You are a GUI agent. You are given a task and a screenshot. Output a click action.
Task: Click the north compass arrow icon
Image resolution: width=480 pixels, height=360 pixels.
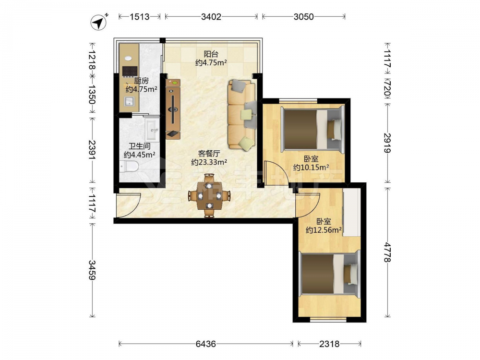pyautogui.click(x=98, y=23)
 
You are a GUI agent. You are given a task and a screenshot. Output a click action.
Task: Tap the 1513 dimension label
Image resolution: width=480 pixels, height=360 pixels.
pyautogui.click(x=140, y=16)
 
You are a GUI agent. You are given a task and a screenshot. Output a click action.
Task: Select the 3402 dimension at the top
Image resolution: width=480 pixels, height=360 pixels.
pyautogui.click(x=211, y=16)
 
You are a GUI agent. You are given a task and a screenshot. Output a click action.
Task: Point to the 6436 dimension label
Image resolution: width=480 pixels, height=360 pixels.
pyautogui.click(x=206, y=344)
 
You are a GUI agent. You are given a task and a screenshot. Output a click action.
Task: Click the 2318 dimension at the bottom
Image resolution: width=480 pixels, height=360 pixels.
pyautogui.click(x=329, y=344)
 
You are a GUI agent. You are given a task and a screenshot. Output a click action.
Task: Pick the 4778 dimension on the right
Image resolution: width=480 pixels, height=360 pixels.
pyautogui.click(x=387, y=252)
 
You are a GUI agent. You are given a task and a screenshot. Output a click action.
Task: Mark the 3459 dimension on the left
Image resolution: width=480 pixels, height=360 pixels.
pyautogui.click(x=92, y=270)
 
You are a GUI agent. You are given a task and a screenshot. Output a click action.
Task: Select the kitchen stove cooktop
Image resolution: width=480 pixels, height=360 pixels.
pyautogui.click(x=130, y=71)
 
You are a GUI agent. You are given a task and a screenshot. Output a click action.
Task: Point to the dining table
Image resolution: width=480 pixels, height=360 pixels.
pyautogui.click(x=209, y=196)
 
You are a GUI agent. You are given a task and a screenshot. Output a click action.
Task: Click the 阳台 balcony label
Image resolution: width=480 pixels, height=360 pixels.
pyautogui.click(x=211, y=54)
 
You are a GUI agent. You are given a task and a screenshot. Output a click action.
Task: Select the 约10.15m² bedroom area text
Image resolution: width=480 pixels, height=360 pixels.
pyautogui.click(x=311, y=168)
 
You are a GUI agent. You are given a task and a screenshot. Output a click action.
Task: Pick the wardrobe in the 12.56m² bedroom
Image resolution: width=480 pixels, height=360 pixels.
pyautogui.click(x=351, y=212)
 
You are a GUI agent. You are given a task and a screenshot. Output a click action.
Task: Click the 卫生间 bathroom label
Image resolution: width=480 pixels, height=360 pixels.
pyautogui.click(x=139, y=146)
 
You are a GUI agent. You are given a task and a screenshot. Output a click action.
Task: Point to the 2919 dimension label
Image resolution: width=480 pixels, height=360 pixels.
pyautogui.click(x=387, y=143)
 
